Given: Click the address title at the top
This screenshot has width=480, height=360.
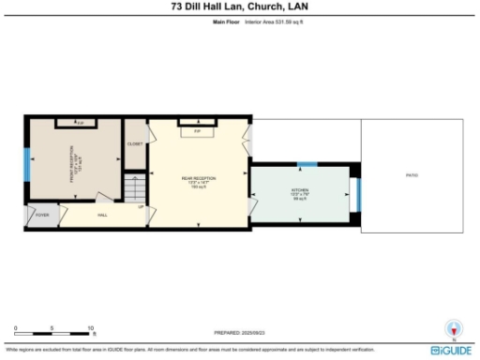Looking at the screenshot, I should pos(240,6).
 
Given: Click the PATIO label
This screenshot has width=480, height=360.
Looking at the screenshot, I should pos(411,175).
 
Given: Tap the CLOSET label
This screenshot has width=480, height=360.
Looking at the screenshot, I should pos(135,143).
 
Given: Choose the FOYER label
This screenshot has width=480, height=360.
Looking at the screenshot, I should pos(42,216).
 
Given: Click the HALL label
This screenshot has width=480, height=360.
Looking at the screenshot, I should pos(102,215).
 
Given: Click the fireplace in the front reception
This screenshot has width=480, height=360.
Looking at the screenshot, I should pos(81,123).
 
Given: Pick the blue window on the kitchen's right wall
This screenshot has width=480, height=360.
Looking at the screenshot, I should pos(357,195).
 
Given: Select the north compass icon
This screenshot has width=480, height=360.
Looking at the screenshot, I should pos(455,330).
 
